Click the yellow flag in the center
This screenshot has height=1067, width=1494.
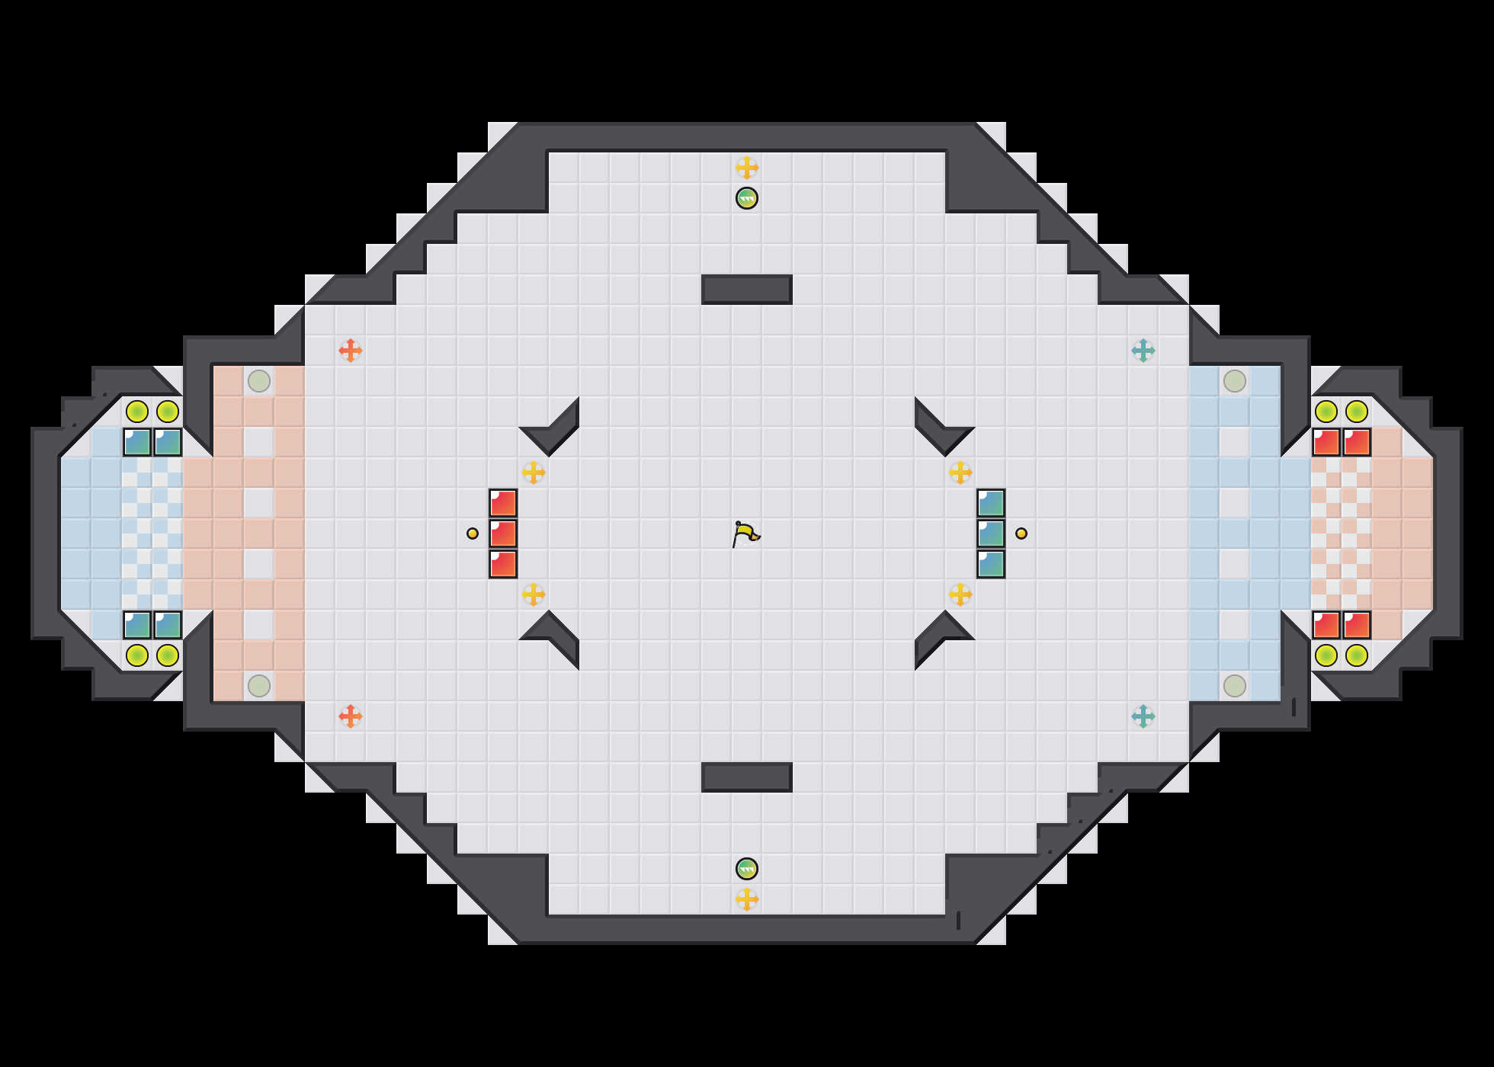[x=745, y=533]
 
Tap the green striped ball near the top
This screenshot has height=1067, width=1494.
[x=747, y=198]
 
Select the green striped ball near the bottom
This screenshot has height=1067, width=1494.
[x=747, y=869]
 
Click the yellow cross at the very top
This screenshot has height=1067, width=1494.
[x=747, y=168]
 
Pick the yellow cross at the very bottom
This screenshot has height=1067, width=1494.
[x=747, y=899]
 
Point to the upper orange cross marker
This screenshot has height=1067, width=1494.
[x=351, y=351]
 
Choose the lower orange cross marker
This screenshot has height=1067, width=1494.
[x=351, y=716]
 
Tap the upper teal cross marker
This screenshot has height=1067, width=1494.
[x=1143, y=351]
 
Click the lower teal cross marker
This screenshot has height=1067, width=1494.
[x=1143, y=716]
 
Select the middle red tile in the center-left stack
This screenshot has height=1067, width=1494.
[x=503, y=533]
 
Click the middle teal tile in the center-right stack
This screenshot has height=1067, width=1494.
[x=991, y=533]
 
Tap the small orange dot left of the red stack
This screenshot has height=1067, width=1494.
[x=473, y=533]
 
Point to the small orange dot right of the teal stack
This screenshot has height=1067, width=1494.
[x=1021, y=533]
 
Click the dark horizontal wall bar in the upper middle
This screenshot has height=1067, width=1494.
[x=747, y=290]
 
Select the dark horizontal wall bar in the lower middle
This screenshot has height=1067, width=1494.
[x=747, y=777]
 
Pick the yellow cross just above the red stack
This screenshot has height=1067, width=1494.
[x=534, y=473]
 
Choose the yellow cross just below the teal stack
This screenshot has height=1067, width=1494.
[x=960, y=594]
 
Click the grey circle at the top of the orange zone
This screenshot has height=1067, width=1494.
[x=259, y=381]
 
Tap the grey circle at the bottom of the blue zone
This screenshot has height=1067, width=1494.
[x=1235, y=686]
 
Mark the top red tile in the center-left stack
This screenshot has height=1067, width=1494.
[x=503, y=503]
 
